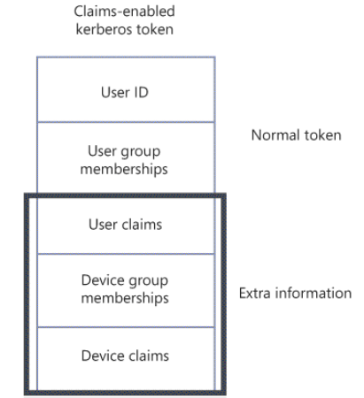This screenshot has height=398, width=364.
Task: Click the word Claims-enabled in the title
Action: (x=124, y=11)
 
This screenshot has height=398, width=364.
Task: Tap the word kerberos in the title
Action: (x=100, y=29)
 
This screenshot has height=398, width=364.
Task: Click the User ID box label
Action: (x=125, y=92)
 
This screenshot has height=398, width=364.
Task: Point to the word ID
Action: (x=141, y=92)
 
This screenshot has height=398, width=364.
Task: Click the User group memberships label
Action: (x=124, y=161)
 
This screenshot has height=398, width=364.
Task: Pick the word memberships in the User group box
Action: (x=124, y=170)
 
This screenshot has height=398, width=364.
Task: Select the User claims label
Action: (x=126, y=225)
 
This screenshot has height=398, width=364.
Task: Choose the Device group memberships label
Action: (x=125, y=289)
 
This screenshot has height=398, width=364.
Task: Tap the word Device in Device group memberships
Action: (x=102, y=280)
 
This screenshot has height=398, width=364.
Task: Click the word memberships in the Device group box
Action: (x=125, y=298)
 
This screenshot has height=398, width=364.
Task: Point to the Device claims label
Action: (x=125, y=356)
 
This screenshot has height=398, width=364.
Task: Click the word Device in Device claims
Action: (x=102, y=356)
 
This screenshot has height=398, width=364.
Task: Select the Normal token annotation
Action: (x=297, y=135)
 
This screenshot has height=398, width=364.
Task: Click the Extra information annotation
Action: (x=295, y=294)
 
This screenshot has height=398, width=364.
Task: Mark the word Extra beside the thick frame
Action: (x=255, y=294)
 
